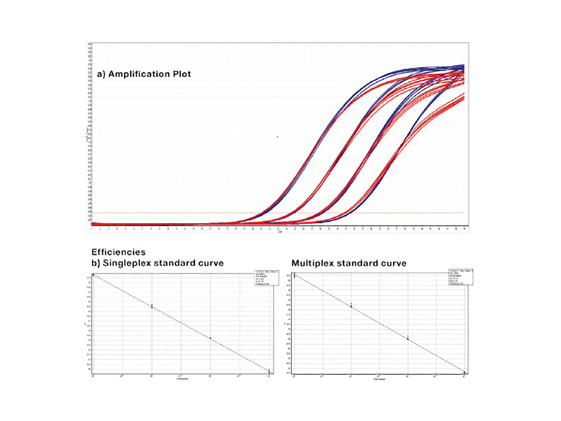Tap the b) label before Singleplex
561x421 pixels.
pos(96,264)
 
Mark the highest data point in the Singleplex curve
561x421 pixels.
pos(93,274)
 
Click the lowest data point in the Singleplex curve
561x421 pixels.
pos(269,371)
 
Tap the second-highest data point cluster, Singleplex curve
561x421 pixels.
pos(152,306)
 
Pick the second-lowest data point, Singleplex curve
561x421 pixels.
pos(210,338)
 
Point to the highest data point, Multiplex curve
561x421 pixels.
pos(295,275)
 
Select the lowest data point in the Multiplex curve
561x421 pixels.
pos(464,372)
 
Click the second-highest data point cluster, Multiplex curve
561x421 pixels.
pos(351,305)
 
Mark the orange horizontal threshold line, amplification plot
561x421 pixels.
pos(175,213)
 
